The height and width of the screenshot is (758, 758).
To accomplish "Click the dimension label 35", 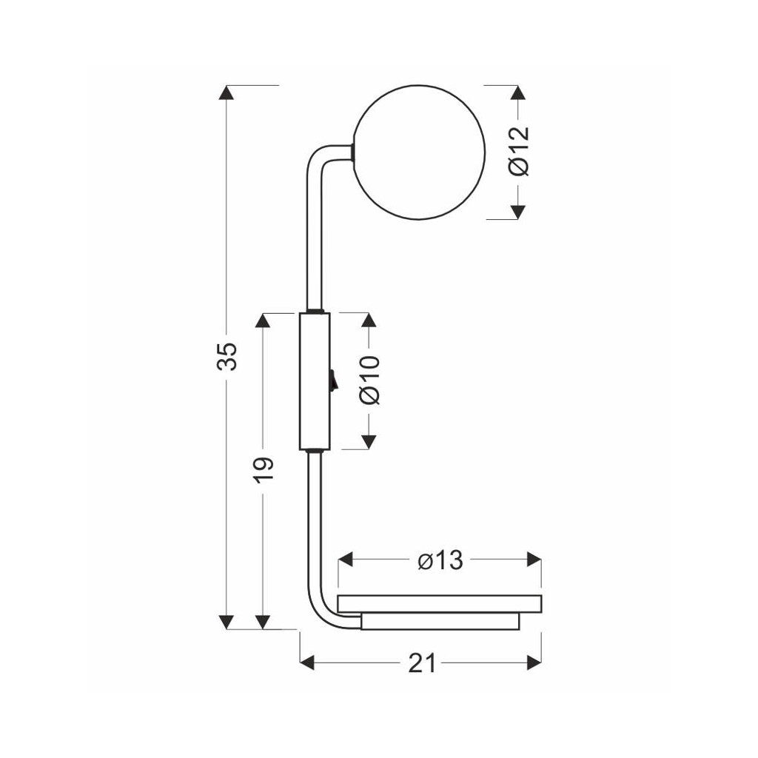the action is click(227, 356).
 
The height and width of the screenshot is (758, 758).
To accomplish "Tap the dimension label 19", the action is click(264, 470).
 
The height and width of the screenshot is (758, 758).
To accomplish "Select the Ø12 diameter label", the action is click(519, 151).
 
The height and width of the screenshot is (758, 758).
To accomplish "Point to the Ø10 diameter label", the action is click(370, 380).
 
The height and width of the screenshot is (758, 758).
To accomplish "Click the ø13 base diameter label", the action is click(440, 560).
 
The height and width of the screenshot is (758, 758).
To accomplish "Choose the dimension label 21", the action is click(423, 663).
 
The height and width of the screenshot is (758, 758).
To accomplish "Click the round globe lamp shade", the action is click(419, 152).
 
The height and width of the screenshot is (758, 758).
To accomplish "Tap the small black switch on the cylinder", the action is click(332, 380).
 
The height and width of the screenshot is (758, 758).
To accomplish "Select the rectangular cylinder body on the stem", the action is click(315, 381).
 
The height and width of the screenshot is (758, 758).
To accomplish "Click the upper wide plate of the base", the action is click(440, 604).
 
